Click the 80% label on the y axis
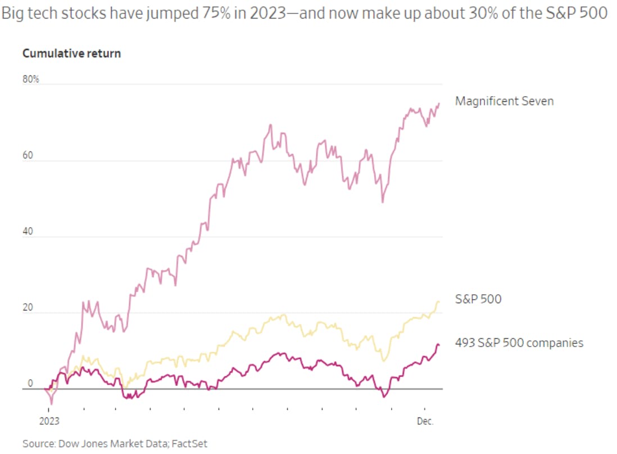[x=31, y=79]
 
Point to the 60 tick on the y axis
[x=28, y=156]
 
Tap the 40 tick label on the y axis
[x=28, y=232]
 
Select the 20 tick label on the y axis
[x=28, y=308]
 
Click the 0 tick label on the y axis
[x=30, y=384]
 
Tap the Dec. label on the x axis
[x=424, y=420]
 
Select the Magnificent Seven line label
[x=504, y=101]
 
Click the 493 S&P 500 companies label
[x=519, y=343]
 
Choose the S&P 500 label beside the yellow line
[x=478, y=299]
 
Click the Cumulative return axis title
[x=71, y=54]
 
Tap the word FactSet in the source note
[x=189, y=444]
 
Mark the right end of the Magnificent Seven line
[x=439, y=104]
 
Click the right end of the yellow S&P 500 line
[x=439, y=302]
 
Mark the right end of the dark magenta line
[x=439, y=344]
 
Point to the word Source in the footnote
[x=35, y=444]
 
